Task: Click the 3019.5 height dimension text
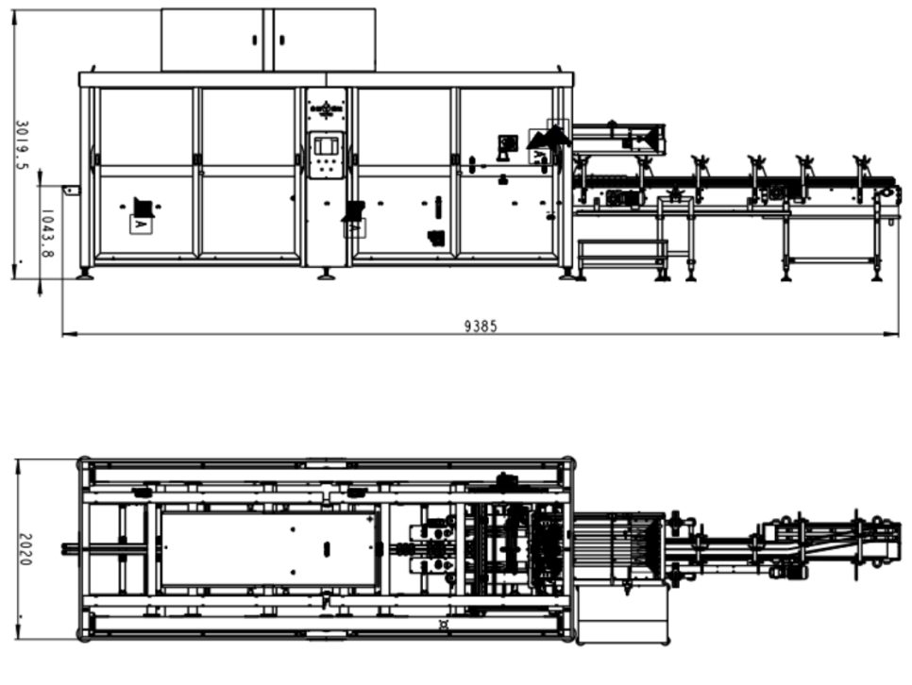pos(22,145)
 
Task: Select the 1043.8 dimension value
pos(47,234)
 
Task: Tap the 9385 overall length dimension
pos(481,326)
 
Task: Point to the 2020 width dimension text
pos(25,549)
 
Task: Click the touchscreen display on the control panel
pos(327,145)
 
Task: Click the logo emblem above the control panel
pos(327,109)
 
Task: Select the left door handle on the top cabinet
pos(255,41)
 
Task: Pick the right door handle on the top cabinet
pos(282,41)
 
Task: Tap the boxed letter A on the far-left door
pos(140,224)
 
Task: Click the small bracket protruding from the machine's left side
pos(71,191)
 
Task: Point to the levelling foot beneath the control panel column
pos(327,274)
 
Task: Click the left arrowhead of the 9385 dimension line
pos(71,334)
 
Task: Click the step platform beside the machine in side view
pos(622,254)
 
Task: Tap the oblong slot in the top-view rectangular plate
pos(327,548)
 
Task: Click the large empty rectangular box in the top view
pos(622,614)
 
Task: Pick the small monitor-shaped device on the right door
pos(508,145)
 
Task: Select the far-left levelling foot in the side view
pos(86,274)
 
